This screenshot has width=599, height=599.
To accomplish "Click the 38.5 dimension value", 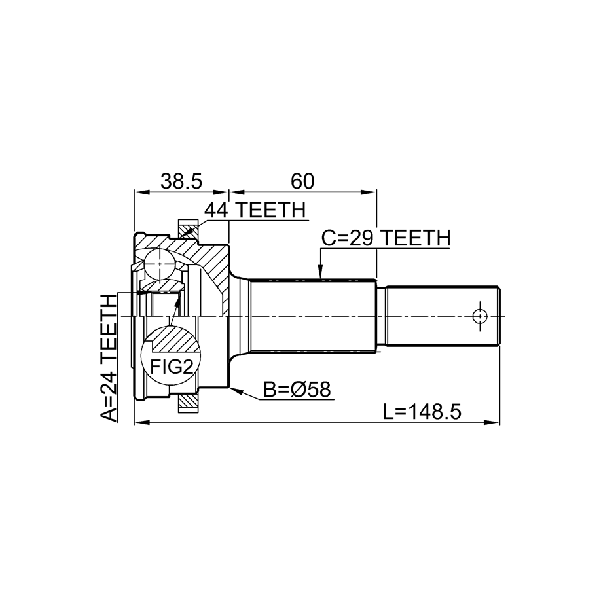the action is click(181, 181).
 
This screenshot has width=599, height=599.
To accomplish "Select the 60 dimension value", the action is click(302, 181).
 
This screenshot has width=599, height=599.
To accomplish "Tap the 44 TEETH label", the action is click(255, 209).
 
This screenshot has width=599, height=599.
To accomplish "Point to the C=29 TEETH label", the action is click(386, 238).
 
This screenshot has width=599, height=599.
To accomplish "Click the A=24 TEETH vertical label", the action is click(109, 358).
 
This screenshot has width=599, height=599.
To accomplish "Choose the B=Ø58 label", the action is click(297, 390).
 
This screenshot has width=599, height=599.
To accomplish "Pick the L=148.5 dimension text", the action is click(422, 412).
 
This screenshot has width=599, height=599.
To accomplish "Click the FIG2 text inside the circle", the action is click(171, 367).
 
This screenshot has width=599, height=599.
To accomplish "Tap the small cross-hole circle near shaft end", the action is click(480, 316).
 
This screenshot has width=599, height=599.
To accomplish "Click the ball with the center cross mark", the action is click(160, 264).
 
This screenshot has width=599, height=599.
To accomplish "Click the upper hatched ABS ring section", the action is click(188, 230).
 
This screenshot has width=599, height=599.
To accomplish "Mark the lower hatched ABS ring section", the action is click(188, 403).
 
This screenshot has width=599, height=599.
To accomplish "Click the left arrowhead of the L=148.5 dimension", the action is click(141, 422).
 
